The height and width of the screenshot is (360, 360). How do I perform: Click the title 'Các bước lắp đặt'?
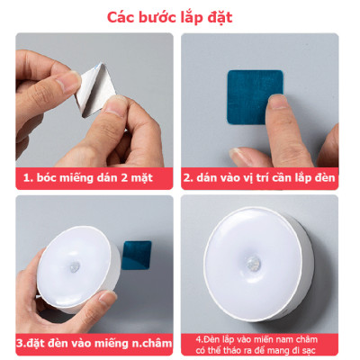pos(171,17)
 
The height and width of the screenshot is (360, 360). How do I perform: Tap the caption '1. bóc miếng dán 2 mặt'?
pos(88,177)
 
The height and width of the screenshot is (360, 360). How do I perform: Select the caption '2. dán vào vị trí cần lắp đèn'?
pos(260,177)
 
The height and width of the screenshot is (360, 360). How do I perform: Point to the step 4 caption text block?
pos(261,344)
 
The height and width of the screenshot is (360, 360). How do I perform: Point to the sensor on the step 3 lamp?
pos(73,269)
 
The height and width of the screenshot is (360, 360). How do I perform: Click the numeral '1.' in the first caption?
pos(30,177)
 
